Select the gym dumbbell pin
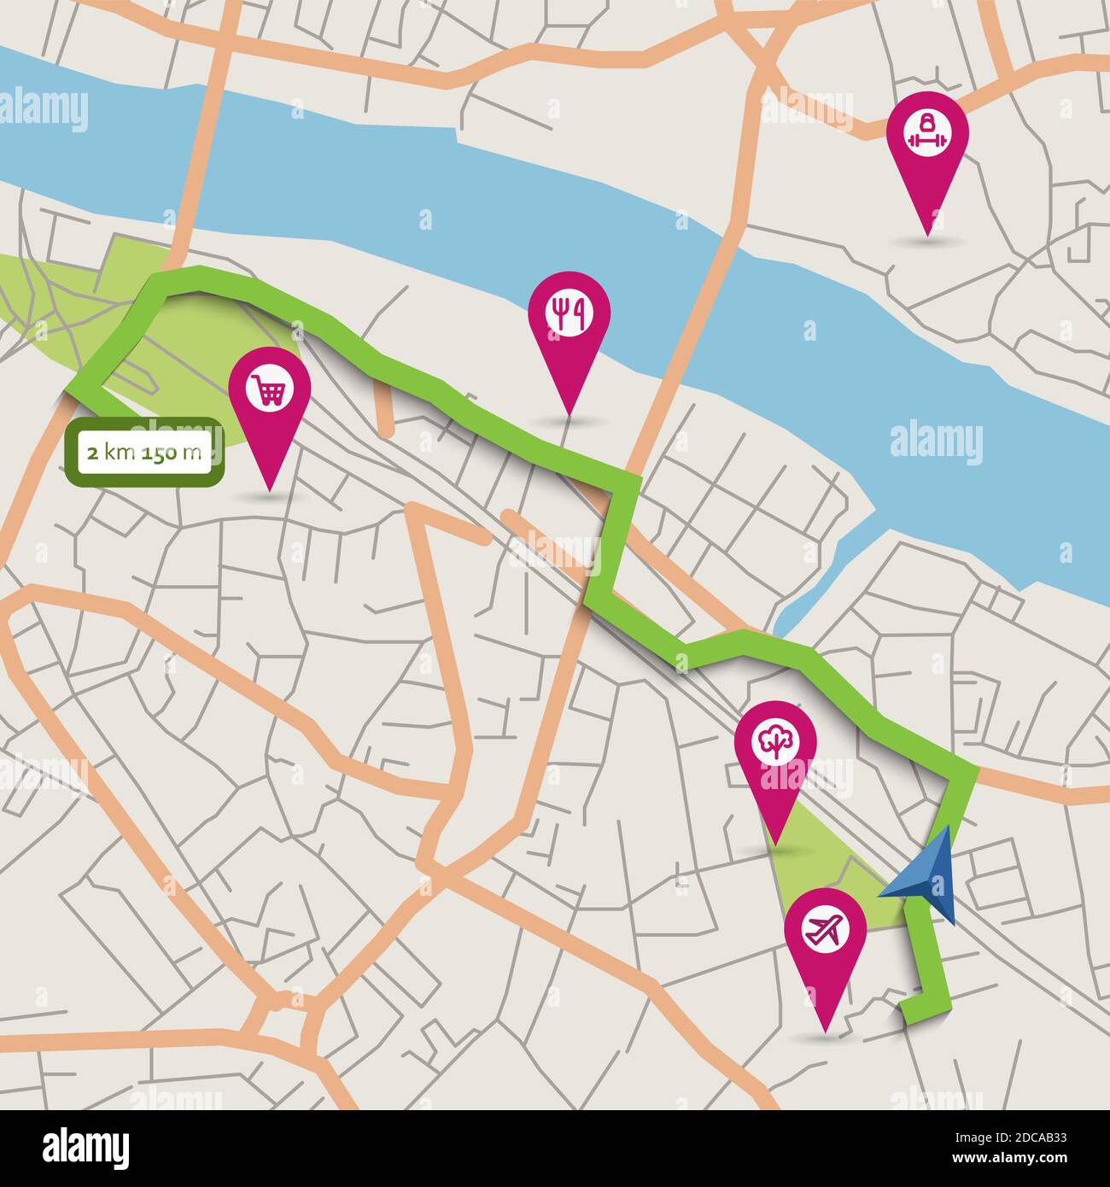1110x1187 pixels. (927, 145)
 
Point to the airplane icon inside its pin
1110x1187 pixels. (826, 929)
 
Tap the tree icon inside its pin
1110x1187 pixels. (776, 743)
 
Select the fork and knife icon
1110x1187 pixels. (569, 313)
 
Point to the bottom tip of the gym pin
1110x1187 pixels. (927, 233)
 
